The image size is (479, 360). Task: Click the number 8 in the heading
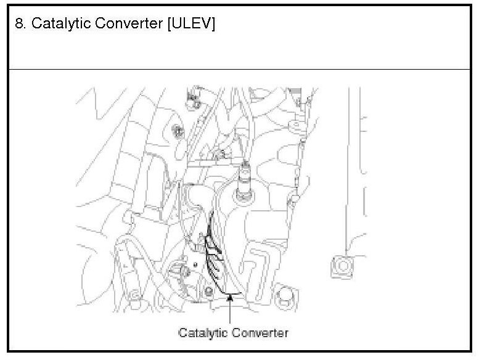tap(19, 23)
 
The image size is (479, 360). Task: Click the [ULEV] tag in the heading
tap(191, 24)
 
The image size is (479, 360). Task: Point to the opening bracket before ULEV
tap(170, 24)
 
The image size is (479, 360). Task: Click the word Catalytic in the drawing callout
tap(203, 333)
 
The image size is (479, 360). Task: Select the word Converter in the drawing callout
tap(260, 333)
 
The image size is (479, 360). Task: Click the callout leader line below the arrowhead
tap(231, 311)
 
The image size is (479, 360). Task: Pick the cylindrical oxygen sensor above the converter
tap(245, 180)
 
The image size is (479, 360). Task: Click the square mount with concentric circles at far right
tap(343, 266)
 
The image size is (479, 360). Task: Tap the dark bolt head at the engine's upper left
tap(177, 131)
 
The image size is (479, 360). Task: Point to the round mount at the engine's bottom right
tap(284, 295)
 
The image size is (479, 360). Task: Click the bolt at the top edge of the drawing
tap(193, 98)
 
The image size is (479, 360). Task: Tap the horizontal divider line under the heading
tap(239, 69)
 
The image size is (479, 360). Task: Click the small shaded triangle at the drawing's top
tap(295, 91)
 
